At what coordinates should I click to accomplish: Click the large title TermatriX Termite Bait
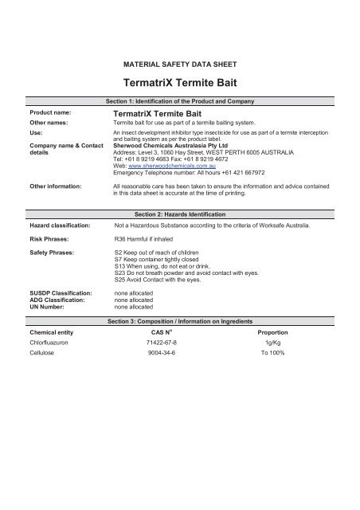coord(179,82)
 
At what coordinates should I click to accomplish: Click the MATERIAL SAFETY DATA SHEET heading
coord(179,61)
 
